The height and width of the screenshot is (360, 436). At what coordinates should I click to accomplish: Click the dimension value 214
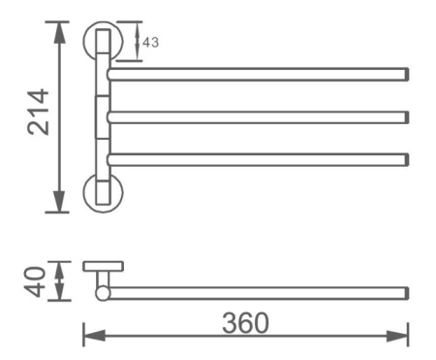tap(38, 113)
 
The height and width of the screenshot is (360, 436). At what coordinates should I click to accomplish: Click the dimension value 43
tap(151, 42)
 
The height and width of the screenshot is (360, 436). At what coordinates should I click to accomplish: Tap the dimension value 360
tap(244, 323)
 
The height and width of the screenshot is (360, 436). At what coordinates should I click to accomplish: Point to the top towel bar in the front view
tap(257, 74)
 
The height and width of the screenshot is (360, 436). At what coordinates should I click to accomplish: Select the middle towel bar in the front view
tap(257, 117)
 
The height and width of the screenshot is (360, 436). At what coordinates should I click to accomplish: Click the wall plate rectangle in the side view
tap(102, 266)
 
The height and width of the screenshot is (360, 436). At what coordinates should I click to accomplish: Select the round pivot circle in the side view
tap(103, 292)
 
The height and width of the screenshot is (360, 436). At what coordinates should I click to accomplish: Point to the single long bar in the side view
tap(257, 292)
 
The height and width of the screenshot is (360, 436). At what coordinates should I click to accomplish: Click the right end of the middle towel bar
tap(404, 117)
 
